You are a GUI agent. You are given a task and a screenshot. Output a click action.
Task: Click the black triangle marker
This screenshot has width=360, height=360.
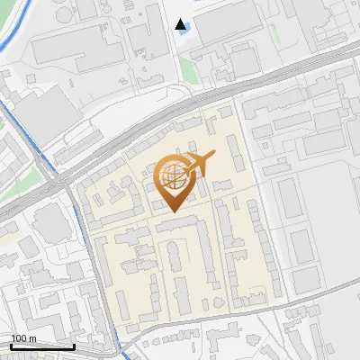pyautogui.click(x=182, y=24)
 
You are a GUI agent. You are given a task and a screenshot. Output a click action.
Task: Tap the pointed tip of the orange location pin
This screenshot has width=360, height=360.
pyautogui.click(x=173, y=210)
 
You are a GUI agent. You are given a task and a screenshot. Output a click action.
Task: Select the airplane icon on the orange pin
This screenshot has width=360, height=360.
pyautogui.click(x=200, y=164)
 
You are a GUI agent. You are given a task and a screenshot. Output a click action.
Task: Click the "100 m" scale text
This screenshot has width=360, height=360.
pyautogui.click(x=23, y=338)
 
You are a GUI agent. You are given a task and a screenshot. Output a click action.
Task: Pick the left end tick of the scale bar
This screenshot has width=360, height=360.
pyautogui.click(x=12, y=345)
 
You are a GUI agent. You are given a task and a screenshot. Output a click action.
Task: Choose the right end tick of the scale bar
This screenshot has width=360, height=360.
pyautogui.click(x=74, y=345)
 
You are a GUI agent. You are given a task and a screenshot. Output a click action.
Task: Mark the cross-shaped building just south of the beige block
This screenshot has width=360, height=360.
pyautogui.click(x=220, y=343)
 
